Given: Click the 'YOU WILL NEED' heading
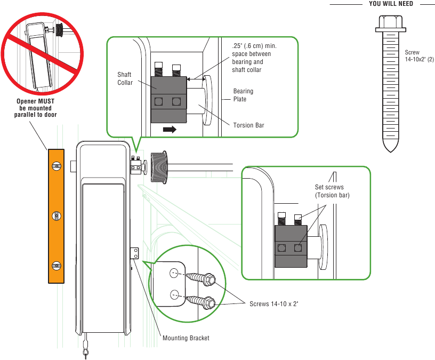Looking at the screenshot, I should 391,4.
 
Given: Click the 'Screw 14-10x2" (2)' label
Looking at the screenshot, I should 419,56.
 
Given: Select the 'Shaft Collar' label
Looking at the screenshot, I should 125,78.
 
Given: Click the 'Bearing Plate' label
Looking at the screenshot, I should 243,95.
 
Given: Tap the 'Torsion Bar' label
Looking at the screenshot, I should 248,125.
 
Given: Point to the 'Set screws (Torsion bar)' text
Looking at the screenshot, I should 332,191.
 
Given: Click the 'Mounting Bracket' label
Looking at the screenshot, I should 186,338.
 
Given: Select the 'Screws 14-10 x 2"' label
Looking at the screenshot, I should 274,304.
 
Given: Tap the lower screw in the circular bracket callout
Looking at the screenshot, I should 203,301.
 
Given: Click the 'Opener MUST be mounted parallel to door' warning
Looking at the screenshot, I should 35,108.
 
